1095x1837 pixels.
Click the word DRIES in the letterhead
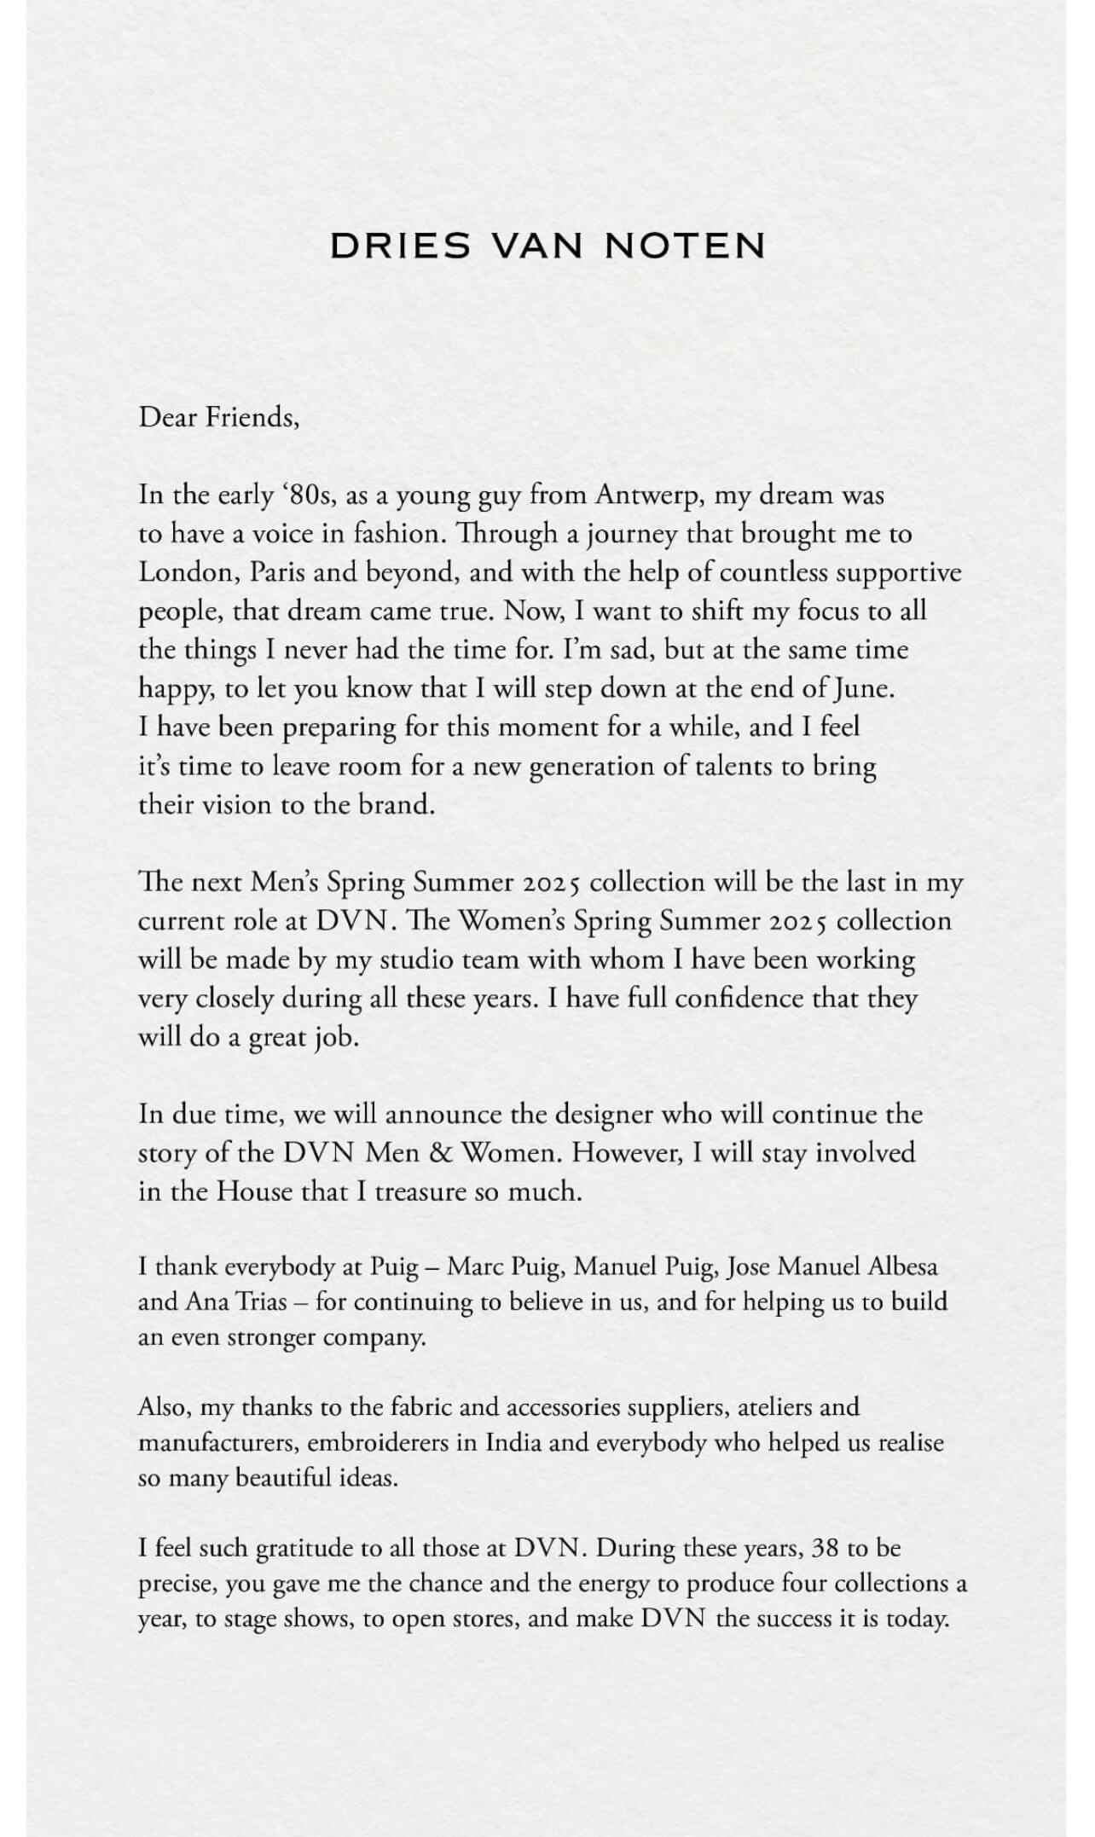point(400,246)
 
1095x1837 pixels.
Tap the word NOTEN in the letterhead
point(685,246)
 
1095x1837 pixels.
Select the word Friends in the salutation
point(253,417)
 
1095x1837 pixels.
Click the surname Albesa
point(902,1266)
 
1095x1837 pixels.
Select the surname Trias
point(260,1302)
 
